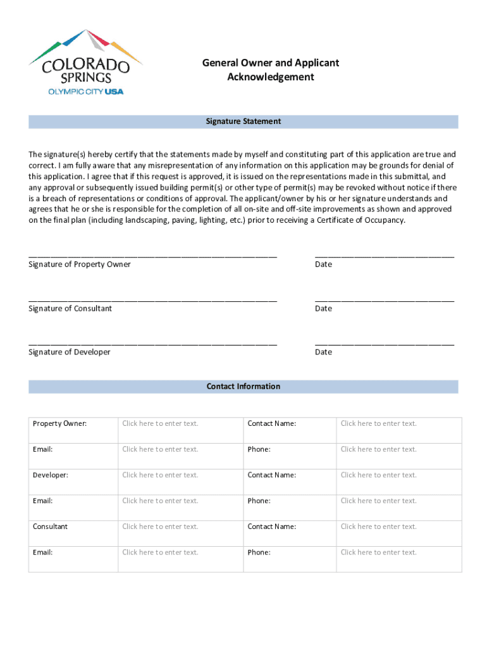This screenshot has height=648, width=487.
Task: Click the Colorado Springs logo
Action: (x=85, y=62)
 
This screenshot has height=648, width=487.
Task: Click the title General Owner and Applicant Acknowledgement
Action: (x=271, y=70)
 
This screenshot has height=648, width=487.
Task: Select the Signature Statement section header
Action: (x=244, y=121)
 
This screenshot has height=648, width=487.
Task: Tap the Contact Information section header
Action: (x=244, y=387)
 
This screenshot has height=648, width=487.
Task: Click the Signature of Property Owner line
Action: (x=152, y=255)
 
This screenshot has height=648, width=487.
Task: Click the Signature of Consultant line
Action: (x=152, y=299)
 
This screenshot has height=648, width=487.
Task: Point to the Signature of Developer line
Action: (x=152, y=343)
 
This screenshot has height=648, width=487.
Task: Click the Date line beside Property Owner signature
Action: (x=385, y=255)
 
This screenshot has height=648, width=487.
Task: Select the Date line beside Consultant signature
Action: (x=385, y=299)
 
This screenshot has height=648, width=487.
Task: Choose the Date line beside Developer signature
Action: (x=385, y=343)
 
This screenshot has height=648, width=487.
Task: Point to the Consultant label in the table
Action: (x=51, y=526)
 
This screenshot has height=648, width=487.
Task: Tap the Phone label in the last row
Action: (x=259, y=552)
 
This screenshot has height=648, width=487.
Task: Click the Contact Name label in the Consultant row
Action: (x=272, y=526)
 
